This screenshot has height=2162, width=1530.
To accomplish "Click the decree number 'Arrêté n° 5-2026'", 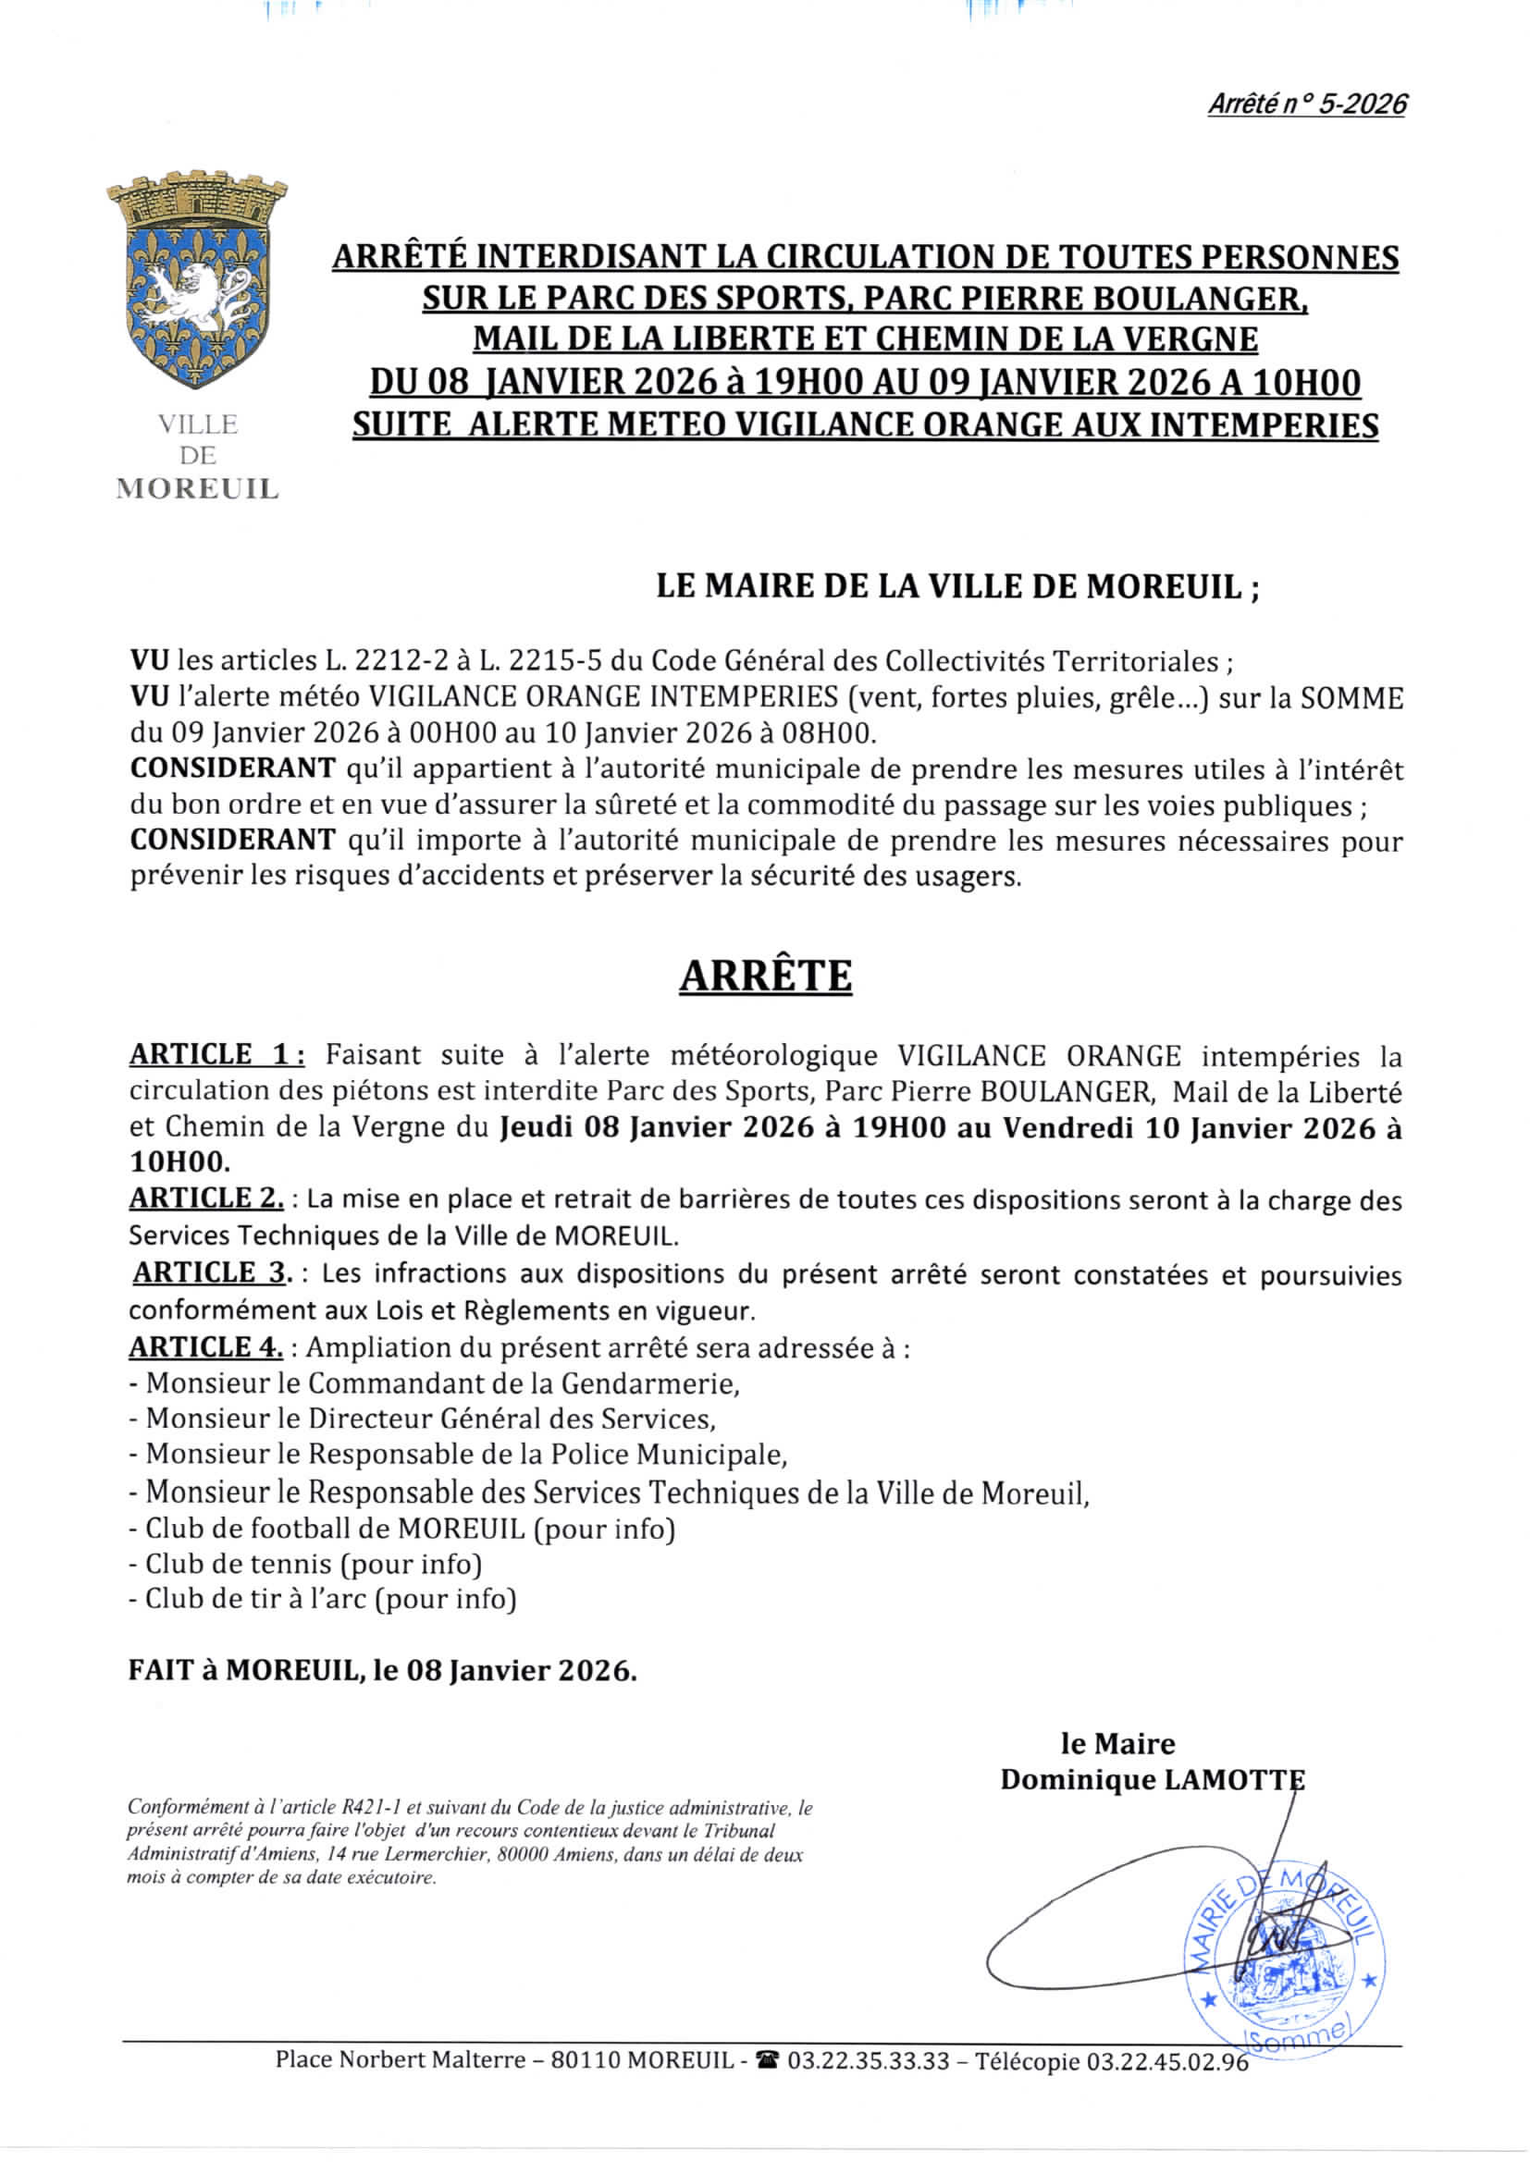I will pyautogui.click(x=1307, y=104).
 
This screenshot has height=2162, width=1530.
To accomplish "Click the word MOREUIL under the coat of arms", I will pyautogui.click(x=197, y=488).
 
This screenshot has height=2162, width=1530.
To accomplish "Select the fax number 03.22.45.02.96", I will pyautogui.click(x=1167, y=2061).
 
